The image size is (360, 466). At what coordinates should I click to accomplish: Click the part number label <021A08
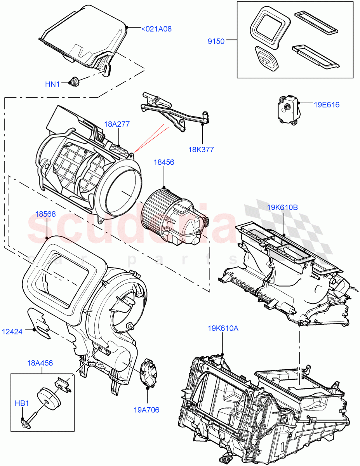157,29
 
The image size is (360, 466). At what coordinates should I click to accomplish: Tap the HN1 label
53,83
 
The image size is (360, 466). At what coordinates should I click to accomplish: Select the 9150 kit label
216,42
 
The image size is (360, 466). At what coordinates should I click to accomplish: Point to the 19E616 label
327,104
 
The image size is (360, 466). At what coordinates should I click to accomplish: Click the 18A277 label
117,124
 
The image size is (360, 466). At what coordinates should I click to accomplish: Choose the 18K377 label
201,149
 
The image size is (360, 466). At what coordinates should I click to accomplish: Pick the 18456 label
164,162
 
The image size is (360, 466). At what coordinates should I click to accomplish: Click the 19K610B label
282,208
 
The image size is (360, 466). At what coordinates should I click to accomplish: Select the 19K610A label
223,328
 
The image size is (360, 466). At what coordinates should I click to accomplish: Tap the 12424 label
12,331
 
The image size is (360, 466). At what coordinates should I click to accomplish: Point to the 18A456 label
40,363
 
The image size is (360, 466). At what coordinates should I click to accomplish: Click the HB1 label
22,403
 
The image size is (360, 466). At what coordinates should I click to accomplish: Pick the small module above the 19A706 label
148,373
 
